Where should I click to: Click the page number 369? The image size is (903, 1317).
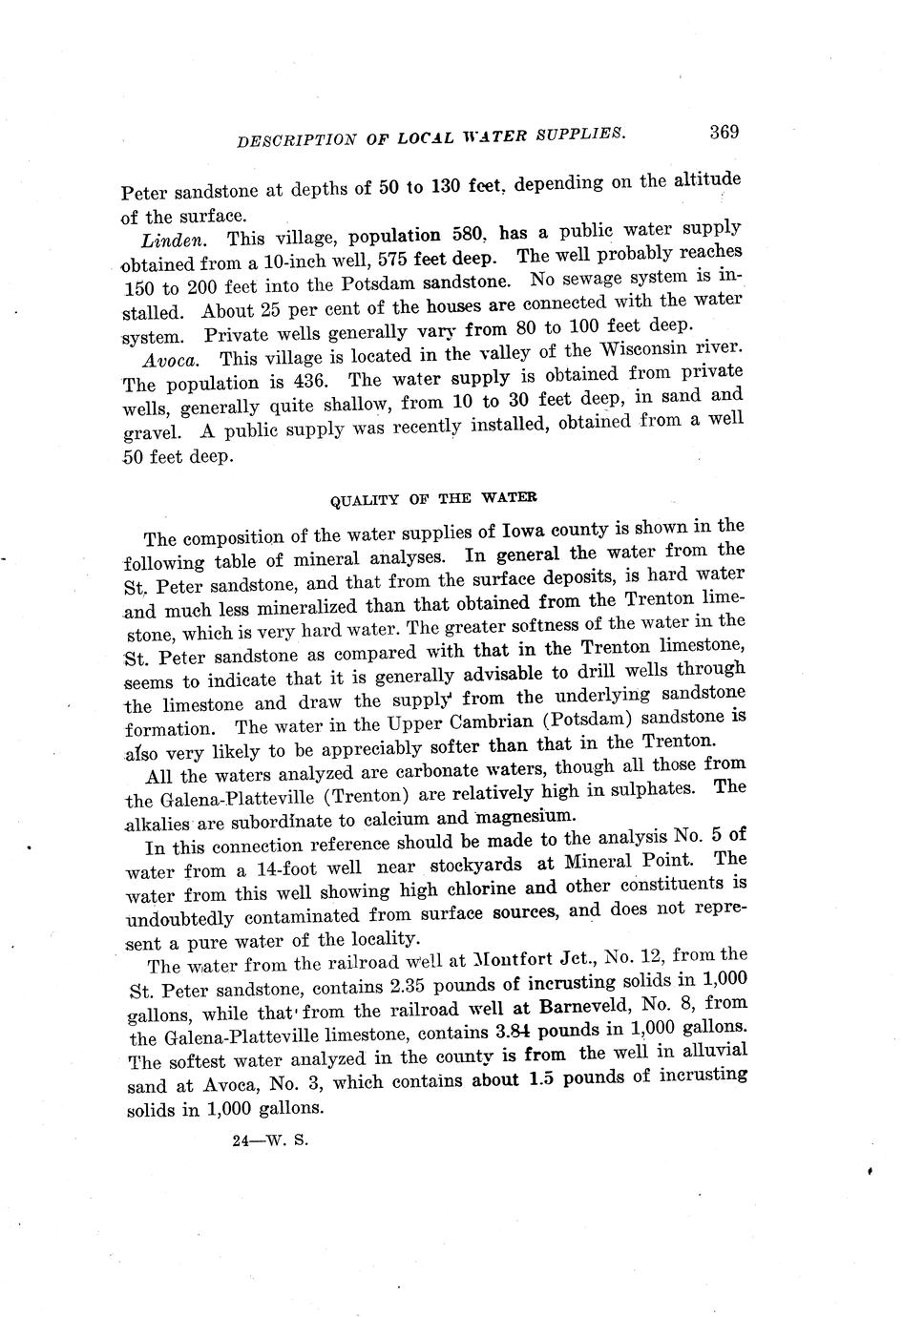[724, 132]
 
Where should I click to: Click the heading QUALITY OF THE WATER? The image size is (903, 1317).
[432, 498]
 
